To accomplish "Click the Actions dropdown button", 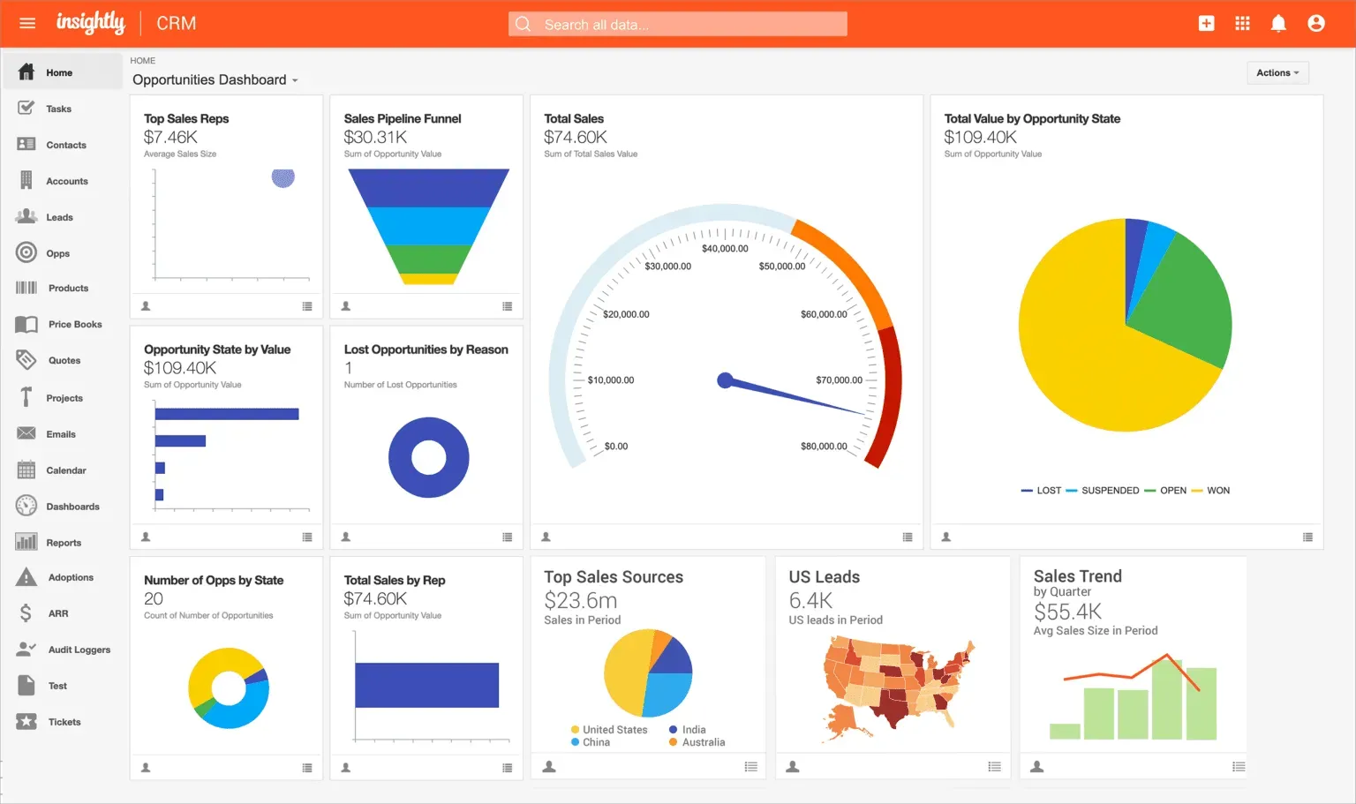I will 1277,73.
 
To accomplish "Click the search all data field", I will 677,25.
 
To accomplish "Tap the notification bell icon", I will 1277,24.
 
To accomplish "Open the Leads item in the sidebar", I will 59,217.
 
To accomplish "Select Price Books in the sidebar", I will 74,325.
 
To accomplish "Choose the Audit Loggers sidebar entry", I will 79,650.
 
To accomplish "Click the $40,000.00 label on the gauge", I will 725,249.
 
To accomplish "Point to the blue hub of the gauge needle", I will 726,380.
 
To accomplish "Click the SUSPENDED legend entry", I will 1109,491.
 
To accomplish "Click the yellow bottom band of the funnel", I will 428,279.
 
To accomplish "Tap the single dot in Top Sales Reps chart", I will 282,177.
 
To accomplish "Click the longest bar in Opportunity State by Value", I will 227,414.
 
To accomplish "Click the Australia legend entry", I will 703,742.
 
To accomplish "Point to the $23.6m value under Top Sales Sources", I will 580,601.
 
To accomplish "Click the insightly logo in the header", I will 90,23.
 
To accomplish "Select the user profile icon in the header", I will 1315,24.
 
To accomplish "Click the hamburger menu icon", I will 27,23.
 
